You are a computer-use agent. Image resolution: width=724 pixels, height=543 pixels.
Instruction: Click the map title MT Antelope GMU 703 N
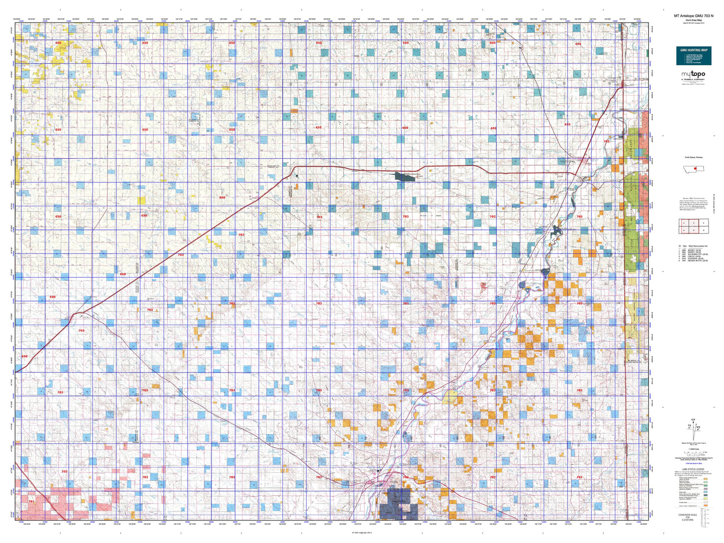point(693,30)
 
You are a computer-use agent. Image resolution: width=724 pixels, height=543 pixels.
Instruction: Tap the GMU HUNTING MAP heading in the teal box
point(693,50)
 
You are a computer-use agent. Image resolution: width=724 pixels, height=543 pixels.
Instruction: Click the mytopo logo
point(693,75)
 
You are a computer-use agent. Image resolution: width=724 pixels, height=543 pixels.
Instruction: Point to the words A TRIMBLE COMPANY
point(693,80)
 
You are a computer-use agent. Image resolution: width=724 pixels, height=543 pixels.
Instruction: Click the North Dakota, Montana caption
point(693,157)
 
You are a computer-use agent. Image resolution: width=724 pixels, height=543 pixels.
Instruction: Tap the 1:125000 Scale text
point(693,450)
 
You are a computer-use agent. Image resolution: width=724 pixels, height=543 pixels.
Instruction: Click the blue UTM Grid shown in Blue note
point(693,465)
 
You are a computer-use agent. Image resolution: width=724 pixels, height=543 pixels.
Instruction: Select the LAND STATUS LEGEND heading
point(693,469)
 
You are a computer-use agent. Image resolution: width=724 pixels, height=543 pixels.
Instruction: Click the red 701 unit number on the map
point(32,501)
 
